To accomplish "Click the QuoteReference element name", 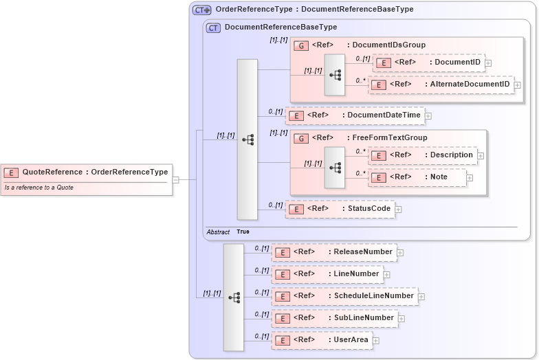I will (x=52, y=172).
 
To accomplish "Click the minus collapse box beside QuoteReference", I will (x=176, y=180).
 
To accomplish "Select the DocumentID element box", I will (x=428, y=63).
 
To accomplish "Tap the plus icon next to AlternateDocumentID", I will (x=518, y=85).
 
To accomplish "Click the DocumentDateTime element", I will (x=355, y=115).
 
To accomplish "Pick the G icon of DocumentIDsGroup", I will (x=300, y=45).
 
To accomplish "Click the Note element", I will (x=417, y=177).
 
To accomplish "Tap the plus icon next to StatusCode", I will (x=398, y=210).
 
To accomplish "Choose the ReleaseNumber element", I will (x=334, y=252).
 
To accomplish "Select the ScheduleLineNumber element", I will (x=344, y=296).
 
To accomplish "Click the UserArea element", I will (x=322, y=340).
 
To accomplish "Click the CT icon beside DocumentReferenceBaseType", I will (x=213, y=27).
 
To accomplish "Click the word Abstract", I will (x=218, y=232).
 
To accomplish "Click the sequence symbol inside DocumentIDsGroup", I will (x=335, y=74).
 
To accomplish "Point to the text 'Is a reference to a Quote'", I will (x=39, y=188).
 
